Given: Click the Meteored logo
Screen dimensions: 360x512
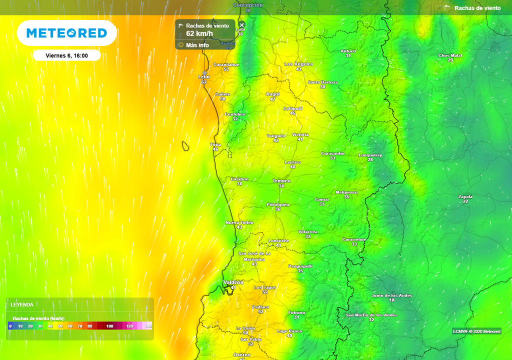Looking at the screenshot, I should (x=66, y=33).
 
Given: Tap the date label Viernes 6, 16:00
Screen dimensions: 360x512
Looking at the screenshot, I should (x=66, y=55).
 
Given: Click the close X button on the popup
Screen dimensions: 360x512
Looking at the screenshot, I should (x=242, y=24).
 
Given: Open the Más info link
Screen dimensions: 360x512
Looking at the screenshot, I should (x=197, y=45).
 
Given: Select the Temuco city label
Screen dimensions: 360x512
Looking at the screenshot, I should (x=281, y=181).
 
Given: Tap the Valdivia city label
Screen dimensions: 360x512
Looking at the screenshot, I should (x=233, y=282).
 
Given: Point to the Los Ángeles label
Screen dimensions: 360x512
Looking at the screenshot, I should (x=298, y=64).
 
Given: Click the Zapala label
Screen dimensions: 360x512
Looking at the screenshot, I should (x=465, y=196).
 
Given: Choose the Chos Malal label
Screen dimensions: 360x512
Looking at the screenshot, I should (x=450, y=55).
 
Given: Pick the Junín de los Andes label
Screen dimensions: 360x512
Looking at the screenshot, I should (x=391, y=295).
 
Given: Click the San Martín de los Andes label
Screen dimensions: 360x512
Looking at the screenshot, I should (x=371, y=315).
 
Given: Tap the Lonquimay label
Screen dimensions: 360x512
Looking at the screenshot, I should (x=370, y=155).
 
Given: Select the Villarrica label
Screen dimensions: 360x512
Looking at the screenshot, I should (x=307, y=232).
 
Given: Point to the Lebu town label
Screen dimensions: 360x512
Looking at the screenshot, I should (x=203, y=76).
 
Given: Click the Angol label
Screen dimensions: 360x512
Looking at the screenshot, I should (x=272, y=94).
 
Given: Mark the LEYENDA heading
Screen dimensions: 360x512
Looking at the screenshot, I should (x=22, y=304).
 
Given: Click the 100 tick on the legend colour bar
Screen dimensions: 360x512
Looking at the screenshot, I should (x=109, y=326).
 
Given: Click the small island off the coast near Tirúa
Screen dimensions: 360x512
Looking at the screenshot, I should (x=185, y=146).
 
